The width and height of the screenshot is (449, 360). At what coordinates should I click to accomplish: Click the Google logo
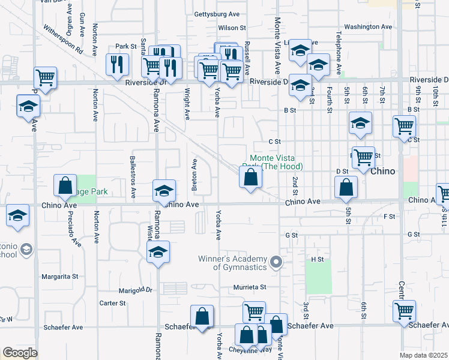(20, 352)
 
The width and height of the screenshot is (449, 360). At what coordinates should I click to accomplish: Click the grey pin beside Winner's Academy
(276, 262)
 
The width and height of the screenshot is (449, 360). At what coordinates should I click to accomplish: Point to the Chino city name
(383, 171)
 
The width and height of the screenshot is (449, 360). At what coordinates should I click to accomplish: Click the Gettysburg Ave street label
(217, 14)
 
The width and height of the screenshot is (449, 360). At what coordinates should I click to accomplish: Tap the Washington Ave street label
(367, 26)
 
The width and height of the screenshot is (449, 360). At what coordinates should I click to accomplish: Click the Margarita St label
(59, 277)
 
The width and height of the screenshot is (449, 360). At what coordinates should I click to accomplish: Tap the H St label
(317, 259)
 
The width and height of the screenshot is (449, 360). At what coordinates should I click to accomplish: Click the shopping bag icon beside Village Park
(65, 186)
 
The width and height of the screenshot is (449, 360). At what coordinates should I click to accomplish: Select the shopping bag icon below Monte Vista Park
(250, 178)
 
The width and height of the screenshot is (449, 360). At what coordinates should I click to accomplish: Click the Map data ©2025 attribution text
(424, 355)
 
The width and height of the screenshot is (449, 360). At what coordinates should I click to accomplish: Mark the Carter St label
(112, 303)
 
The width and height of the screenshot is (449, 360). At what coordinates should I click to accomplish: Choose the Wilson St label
(232, 28)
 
